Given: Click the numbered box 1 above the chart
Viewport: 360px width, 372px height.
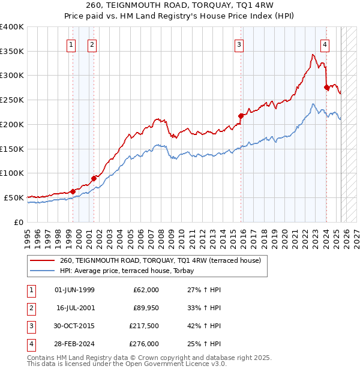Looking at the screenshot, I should (x=71, y=44).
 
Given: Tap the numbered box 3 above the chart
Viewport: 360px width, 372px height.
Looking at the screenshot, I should (x=239, y=44).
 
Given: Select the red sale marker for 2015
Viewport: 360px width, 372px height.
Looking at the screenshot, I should (x=241, y=116).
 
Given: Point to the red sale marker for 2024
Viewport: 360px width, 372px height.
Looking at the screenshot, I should (x=326, y=87).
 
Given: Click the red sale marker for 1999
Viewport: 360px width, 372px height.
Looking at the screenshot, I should (x=73, y=191).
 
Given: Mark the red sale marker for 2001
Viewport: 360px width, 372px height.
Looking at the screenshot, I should (x=94, y=178).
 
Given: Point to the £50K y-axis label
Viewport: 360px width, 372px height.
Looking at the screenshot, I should (x=13, y=197).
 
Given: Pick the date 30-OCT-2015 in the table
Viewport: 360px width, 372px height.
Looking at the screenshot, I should (x=74, y=327).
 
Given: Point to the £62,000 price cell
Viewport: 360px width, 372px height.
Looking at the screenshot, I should (x=146, y=290).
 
